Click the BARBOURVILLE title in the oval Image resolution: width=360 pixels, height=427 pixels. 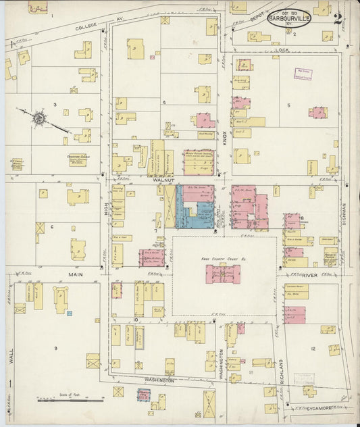click(x=289, y=18)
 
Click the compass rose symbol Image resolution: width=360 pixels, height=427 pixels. click(x=40, y=119)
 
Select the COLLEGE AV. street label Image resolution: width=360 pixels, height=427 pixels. click(x=77, y=25)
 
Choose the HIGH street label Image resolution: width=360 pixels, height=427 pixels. click(x=106, y=211)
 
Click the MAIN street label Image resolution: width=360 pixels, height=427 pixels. click(x=75, y=274)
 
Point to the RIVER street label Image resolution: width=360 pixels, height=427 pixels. click(x=310, y=274)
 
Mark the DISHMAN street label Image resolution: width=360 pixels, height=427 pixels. click(x=344, y=218)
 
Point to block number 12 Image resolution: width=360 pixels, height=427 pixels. click(x=313, y=348)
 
